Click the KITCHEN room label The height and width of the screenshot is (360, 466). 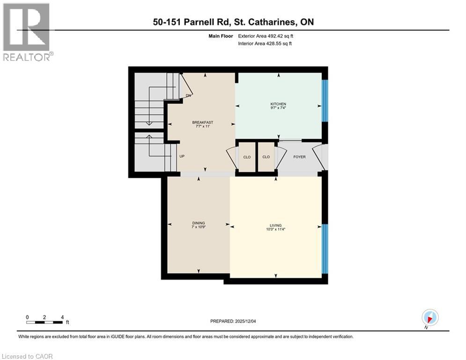pyautogui.click(x=278, y=104)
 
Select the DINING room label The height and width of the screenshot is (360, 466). pyautogui.click(x=199, y=223)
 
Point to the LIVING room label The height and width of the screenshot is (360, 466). pyautogui.click(x=276, y=225)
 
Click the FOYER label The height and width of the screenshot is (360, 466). pyautogui.click(x=299, y=157)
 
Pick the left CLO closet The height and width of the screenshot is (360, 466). pyautogui.click(x=246, y=157)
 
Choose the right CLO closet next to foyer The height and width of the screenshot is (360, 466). pyautogui.click(x=266, y=157)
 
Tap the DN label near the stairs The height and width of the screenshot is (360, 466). pyautogui.click(x=188, y=96)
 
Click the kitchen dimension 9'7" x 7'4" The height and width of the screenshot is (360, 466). pyautogui.click(x=278, y=108)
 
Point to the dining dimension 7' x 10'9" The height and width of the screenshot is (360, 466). pyautogui.click(x=199, y=227)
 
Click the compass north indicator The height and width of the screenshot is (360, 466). pyautogui.click(x=429, y=317)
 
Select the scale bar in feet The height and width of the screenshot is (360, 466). pyautogui.click(x=45, y=322)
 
